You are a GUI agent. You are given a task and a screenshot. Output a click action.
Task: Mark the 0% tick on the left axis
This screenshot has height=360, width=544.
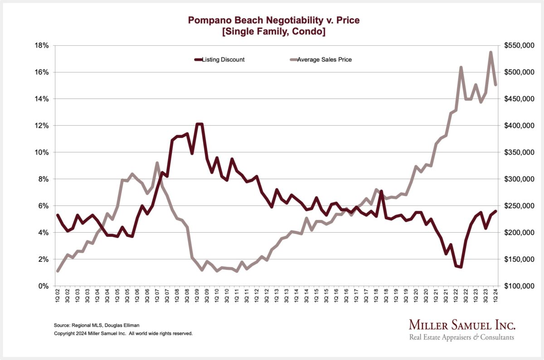tap(44, 286)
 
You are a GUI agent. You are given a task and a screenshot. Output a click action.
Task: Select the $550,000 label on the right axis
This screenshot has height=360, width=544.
tap(519, 45)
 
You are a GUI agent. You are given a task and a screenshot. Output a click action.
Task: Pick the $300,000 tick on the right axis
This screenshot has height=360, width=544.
tap(519, 179)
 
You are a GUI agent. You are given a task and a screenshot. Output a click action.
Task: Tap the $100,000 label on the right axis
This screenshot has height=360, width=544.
tap(519, 286)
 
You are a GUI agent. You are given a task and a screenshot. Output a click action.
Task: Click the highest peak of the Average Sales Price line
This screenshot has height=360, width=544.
tap(491, 52)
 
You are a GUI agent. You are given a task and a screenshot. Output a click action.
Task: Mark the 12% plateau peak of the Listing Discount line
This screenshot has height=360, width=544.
tap(199, 124)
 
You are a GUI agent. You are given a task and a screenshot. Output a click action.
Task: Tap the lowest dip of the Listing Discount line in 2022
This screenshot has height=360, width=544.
tap(461, 267)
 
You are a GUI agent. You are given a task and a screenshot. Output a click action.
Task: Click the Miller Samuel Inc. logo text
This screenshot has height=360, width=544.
tap(462, 325)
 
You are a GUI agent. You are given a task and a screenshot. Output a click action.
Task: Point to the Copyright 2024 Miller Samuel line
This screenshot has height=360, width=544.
tap(123, 333)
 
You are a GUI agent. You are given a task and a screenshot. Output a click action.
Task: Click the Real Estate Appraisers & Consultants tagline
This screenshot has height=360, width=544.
tap(461, 337)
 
